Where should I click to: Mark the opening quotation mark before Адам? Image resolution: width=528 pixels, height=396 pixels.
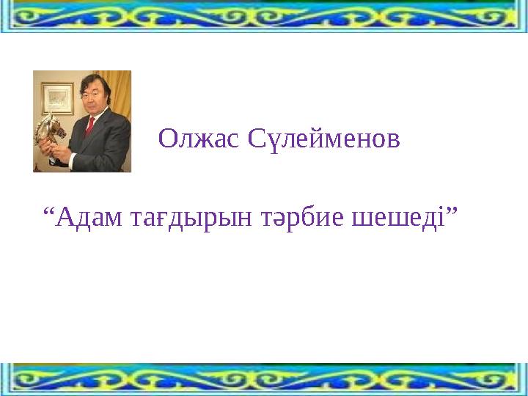click(48, 211)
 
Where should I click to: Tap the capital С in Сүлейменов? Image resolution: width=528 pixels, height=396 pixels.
click(256, 139)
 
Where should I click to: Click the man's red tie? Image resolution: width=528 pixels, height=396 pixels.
click(90, 126)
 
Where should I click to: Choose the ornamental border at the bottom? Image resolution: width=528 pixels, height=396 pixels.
click(264, 379)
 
